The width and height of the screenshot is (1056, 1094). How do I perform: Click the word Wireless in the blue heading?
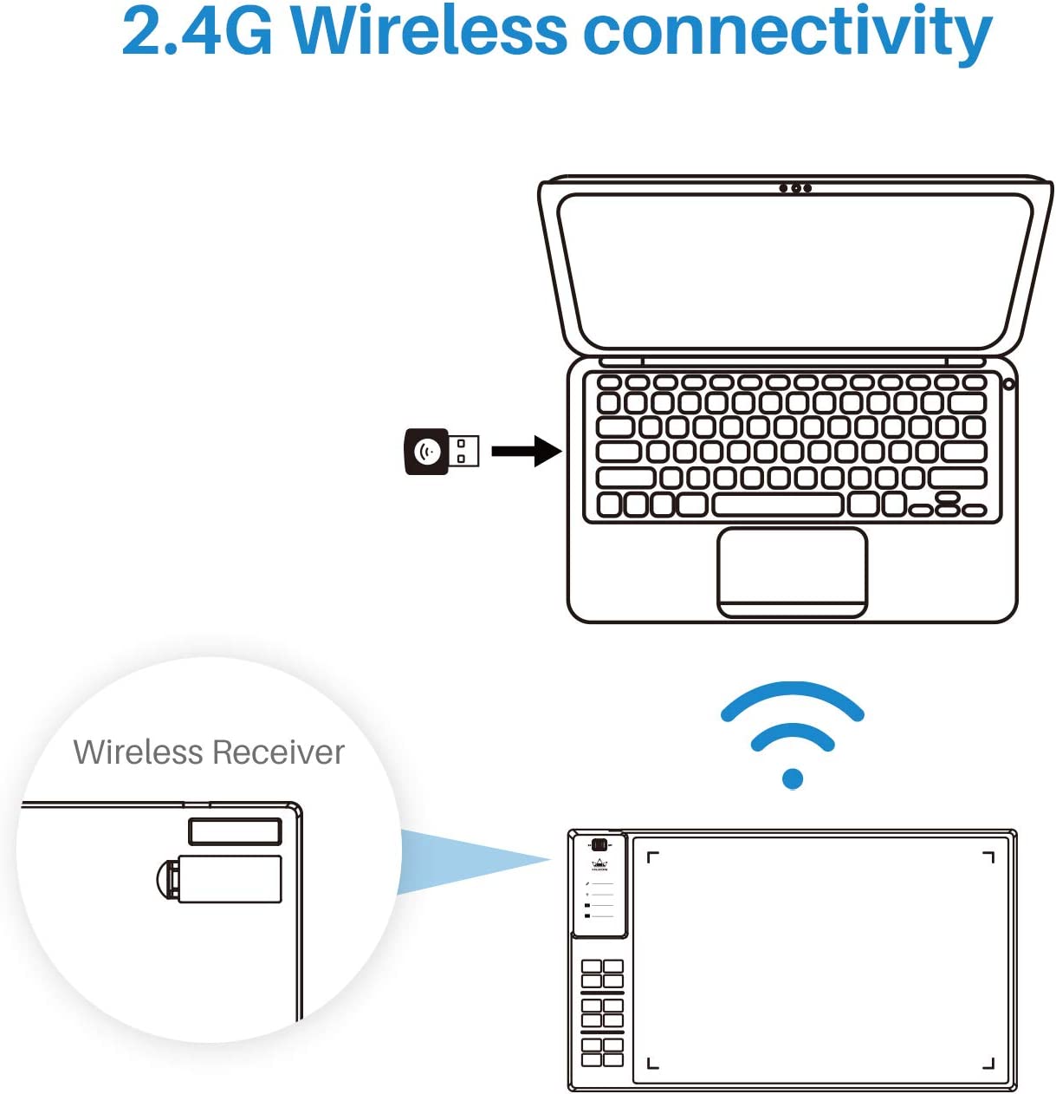tap(428, 31)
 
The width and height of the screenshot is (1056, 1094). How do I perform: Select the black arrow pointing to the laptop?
tap(527, 451)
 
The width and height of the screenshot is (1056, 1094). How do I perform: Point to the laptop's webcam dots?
tap(795, 188)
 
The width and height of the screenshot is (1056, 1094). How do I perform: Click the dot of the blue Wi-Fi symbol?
tap(793, 778)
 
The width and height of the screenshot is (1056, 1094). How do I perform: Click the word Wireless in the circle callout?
tap(139, 752)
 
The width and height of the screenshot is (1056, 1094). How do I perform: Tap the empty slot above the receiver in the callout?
tap(235, 831)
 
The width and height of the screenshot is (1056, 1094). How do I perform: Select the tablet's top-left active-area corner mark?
tap(651, 856)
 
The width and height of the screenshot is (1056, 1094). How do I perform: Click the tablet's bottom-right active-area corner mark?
tap(989, 1064)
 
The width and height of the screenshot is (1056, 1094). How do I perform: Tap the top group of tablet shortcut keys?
tap(602, 974)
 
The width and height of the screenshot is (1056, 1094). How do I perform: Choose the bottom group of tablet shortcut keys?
tap(602, 1052)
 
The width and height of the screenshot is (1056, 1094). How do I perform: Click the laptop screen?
tap(795, 270)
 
